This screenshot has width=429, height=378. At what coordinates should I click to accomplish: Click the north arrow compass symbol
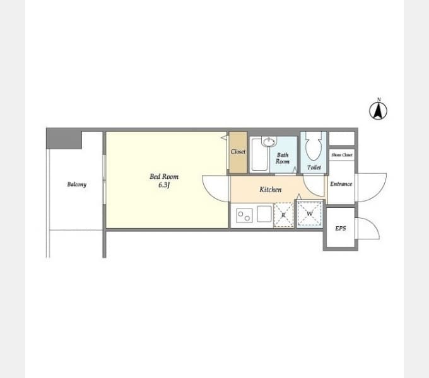(378, 111)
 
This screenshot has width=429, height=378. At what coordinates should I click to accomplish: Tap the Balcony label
(76, 185)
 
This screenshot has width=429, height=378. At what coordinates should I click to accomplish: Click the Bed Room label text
(164, 176)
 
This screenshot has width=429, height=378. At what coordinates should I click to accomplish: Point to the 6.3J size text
(164, 185)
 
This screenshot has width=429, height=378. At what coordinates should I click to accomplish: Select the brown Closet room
(238, 152)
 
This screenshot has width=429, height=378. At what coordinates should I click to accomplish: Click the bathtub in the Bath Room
(259, 154)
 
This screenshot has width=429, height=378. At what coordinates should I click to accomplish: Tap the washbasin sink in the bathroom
(269, 141)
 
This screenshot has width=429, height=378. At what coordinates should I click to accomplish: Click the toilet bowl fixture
(314, 146)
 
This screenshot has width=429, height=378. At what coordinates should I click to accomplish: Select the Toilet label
(314, 167)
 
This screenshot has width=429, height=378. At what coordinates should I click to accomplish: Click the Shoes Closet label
(342, 155)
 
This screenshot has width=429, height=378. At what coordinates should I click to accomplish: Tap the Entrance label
(341, 184)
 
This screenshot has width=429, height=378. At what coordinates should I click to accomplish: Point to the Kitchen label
(270, 190)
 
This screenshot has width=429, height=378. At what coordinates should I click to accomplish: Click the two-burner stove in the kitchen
(244, 215)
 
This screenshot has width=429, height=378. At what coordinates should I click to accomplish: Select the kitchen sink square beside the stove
(264, 214)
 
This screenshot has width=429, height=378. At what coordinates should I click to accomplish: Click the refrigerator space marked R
(284, 215)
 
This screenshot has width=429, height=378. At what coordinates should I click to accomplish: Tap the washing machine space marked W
(310, 214)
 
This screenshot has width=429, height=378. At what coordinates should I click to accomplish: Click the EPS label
(340, 228)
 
